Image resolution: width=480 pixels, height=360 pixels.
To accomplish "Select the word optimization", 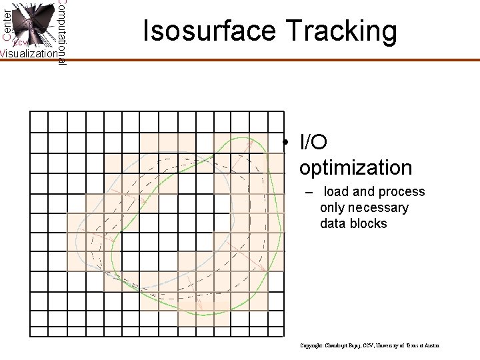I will click(x=355, y=167).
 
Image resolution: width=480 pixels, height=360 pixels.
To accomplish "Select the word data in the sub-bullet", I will click(x=333, y=224).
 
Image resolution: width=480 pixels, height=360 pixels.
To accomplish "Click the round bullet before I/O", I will click(x=284, y=143).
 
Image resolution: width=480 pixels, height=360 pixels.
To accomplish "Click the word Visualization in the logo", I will click(x=28, y=54).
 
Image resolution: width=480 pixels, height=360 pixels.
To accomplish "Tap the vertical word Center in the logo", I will click(x=6, y=19).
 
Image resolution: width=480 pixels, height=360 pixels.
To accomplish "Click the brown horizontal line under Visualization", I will click(x=33, y=60).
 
